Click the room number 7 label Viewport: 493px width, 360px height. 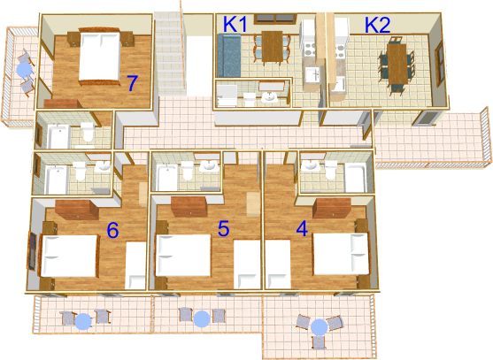pos(133,83)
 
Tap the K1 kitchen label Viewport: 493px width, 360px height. pos(235,24)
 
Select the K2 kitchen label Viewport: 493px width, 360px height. pos(378,25)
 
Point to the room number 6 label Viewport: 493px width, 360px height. pos(113,230)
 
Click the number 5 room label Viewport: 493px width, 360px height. pos(224,228)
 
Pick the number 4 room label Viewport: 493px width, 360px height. pos(302,228)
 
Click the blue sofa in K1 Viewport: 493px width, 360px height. pos(229,56)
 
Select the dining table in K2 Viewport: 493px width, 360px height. pos(397,64)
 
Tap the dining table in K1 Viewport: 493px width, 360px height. pos(273,47)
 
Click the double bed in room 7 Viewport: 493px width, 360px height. pos(99,57)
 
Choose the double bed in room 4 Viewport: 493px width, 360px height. pos(341,254)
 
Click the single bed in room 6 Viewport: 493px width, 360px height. pos(135,265)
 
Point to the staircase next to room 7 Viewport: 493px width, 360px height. pos(169,53)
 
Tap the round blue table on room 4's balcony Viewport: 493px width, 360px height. pos(320,327)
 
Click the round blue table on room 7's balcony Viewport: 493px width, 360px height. pos(25,69)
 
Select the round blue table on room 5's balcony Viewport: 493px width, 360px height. pos(202,318)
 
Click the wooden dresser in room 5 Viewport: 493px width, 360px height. pos(189,207)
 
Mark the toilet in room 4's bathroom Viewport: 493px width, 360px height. pos(331,170)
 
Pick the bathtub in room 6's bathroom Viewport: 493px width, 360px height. pos(56,180)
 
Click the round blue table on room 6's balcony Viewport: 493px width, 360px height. pos(83,321)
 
